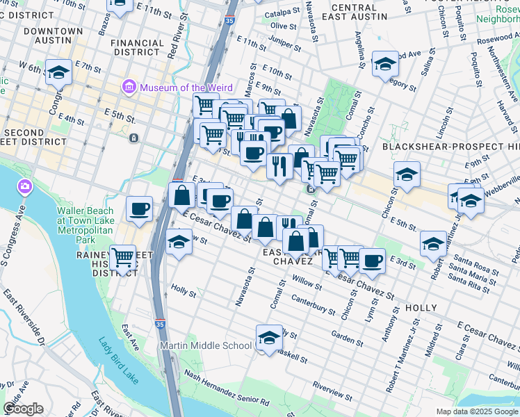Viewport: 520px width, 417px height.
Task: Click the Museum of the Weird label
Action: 181,88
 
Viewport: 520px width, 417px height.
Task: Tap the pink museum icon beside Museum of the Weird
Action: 129,88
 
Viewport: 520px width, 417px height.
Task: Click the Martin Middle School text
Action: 206,345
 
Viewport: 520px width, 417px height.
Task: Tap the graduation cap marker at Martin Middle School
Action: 268,337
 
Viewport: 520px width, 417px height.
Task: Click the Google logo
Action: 23,409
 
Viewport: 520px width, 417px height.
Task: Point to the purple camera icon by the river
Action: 24,186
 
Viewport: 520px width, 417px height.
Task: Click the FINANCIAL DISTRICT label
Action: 136,47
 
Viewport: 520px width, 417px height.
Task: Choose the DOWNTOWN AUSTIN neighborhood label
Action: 52,36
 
